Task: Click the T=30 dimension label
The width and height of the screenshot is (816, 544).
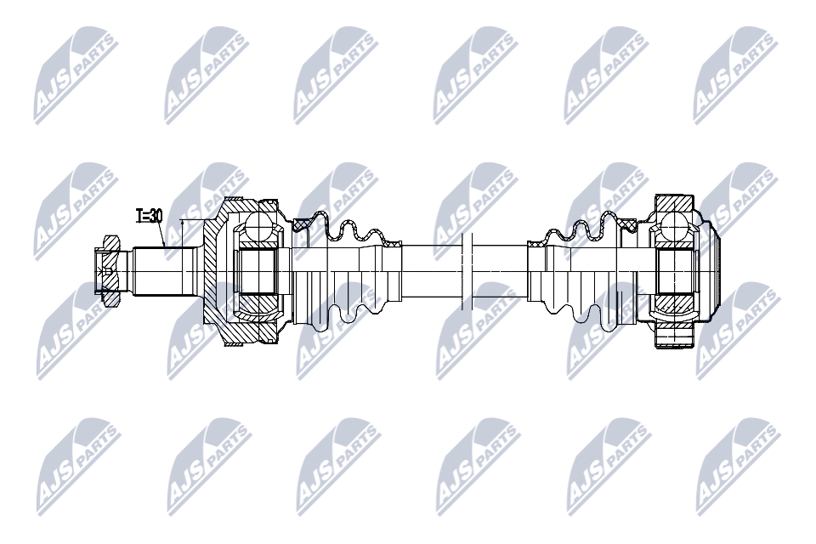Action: tap(150, 216)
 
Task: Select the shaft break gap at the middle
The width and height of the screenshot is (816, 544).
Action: tap(465, 270)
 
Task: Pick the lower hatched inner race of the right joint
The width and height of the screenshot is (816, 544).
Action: tap(676, 303)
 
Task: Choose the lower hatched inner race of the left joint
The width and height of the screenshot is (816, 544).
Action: tap(258, 303)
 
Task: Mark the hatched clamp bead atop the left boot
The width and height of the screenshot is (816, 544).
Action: tap(300, 224)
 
